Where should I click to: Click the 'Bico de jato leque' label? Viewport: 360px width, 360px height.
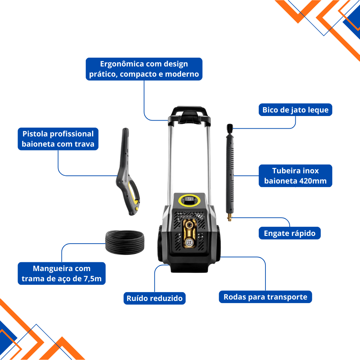(295, 110)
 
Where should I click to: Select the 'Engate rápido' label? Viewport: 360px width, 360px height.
(290, 233)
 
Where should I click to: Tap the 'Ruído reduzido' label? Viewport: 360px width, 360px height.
(155, 298)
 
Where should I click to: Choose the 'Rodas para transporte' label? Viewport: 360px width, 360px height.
(265, 297)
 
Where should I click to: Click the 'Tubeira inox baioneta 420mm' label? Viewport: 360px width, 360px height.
(295, 176)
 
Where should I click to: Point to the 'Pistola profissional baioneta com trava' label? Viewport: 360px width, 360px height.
(58, 139)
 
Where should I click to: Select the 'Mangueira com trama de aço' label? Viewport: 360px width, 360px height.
(62, 274)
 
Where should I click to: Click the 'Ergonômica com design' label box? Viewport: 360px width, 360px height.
(144, 69)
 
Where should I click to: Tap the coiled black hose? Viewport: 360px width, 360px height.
(125, 243)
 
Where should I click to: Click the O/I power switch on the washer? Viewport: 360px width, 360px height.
(189, 199)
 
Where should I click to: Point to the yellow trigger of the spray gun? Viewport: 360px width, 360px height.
(133, 193)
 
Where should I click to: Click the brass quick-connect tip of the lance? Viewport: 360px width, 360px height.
(229, 217)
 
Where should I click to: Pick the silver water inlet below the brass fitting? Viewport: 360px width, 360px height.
(189, 243)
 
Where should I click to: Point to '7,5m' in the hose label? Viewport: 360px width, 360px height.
(92, 278)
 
